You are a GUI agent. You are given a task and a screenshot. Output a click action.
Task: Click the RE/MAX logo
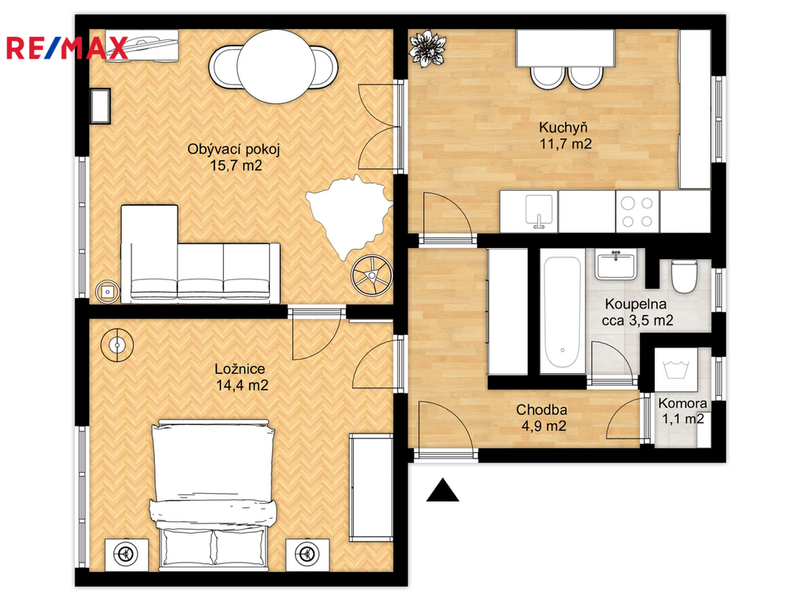(66, 48)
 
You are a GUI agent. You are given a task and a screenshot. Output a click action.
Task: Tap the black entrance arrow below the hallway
(443, 490)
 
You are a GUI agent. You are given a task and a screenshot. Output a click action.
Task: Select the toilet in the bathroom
(684, 276)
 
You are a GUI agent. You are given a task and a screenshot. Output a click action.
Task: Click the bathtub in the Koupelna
(562, 311)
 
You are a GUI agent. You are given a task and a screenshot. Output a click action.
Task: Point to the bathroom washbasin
(616, 265)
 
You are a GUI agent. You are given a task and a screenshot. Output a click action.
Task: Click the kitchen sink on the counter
(540, 211)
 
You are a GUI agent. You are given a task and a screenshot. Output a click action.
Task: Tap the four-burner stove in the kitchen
(638, 211)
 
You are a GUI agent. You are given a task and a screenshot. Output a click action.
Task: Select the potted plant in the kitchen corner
(427, 48)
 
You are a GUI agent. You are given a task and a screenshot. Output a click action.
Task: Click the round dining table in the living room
(276, 66)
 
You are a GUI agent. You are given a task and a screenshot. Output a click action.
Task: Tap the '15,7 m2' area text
(236, 166)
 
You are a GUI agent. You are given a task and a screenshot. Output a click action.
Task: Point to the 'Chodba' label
(541, 409)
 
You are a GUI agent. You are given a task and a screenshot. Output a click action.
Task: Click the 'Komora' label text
(682, 403)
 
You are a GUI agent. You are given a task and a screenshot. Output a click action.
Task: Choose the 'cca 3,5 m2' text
(637, 320)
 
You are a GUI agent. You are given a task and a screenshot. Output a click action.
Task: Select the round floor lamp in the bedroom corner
(117, 345)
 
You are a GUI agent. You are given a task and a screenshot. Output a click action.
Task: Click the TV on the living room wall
(100, 106)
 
